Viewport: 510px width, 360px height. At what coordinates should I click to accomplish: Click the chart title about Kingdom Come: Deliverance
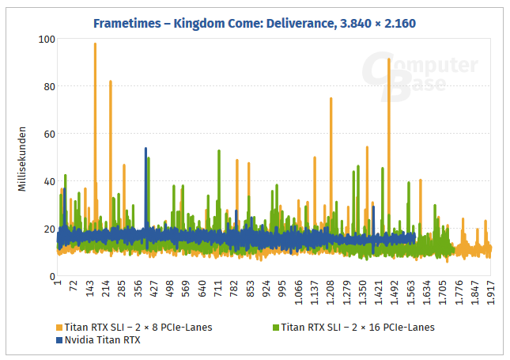tap(255, 24)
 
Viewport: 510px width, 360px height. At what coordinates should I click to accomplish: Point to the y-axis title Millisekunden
tap(24, 157)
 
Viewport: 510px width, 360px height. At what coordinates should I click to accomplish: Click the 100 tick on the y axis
tap(45, 39)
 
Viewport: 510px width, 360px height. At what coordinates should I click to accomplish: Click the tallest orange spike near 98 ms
tap(95, 45)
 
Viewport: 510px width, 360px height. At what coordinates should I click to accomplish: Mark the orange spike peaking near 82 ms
tap(111, 82)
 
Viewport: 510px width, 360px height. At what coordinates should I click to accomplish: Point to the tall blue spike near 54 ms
tap(145, 150)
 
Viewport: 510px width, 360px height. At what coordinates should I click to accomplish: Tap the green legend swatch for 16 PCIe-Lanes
tap(276, 327)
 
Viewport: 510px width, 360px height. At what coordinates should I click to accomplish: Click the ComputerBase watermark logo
tap(419, 74)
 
